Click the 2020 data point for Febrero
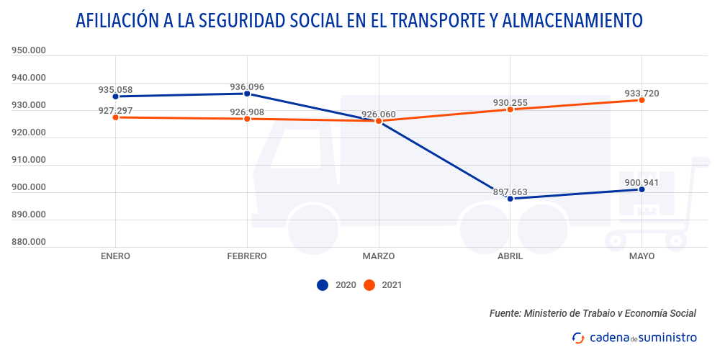click(247, 94)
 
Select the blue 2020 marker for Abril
click(510, 198)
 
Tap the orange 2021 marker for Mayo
click(642, 100)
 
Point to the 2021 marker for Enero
click(116, 117)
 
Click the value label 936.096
click(247, 87)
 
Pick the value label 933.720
click(642, 93)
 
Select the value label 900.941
click(642, 182)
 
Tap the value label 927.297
click(116, 110)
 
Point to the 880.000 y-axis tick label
click(29, 242)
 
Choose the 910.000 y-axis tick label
click(29, 160)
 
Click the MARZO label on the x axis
click(378, 256)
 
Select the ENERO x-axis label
click(116, 256)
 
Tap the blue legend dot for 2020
click(323, 285)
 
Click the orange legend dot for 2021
click(369, 285)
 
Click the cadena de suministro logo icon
click(577, 337)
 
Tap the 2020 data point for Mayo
click(642, 189)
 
